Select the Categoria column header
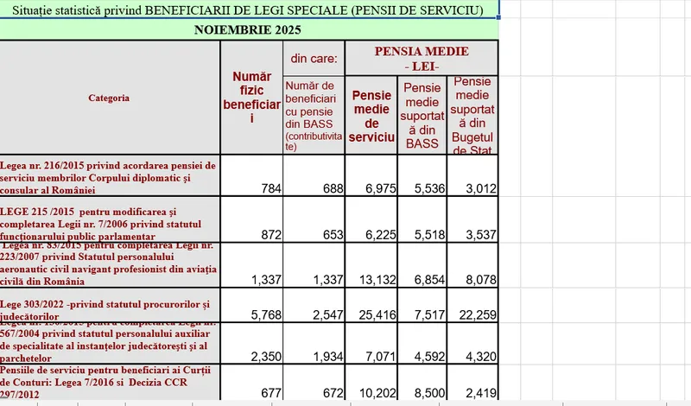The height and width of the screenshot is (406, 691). (x=109, y=98)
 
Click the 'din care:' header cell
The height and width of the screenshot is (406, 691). (x=314, y=59)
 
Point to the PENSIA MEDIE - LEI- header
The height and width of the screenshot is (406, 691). (x=422, y=59)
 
